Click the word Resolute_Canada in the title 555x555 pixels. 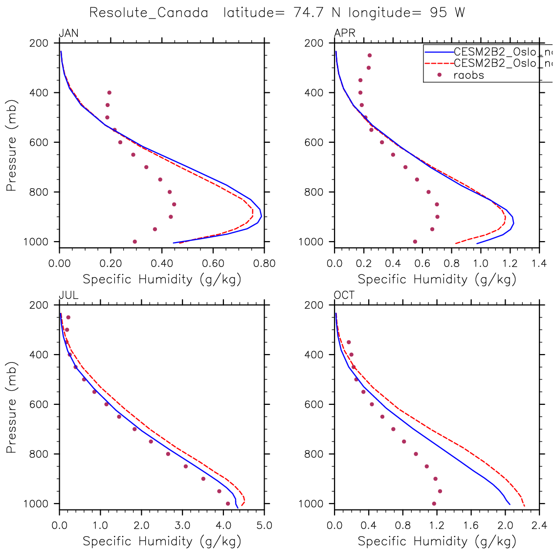click(149, 13)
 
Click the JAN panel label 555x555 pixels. click(68, 33)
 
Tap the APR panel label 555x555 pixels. click(344, 33)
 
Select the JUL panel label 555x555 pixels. click(68, 295)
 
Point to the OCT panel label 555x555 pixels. click(344, 295)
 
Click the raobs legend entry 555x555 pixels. click(468, 75)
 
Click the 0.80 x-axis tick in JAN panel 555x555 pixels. click(264, 264)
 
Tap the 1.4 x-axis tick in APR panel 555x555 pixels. click(539, 264)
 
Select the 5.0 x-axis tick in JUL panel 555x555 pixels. click(264, 526)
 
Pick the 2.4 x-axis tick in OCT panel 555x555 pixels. click(539, 526)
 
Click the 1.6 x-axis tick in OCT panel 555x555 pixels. click(471, 526)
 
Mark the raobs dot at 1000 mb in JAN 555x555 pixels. click(134, 242)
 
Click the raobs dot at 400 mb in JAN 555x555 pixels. click(109, 92)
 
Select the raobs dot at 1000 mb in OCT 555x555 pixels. click(434, 504)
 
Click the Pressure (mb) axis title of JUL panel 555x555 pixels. click(12, 407)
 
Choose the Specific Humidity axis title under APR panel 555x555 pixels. click(437, 279)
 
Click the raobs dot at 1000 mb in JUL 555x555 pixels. click(227, 504)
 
